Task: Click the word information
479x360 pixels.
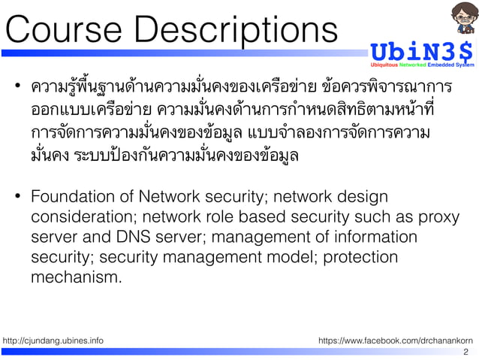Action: (375, 237)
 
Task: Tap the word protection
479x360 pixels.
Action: (359, 257)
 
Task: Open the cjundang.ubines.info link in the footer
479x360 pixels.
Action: (53, 340)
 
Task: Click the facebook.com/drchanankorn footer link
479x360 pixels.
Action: (396, 340)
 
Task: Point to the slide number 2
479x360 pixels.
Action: (466, 352)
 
